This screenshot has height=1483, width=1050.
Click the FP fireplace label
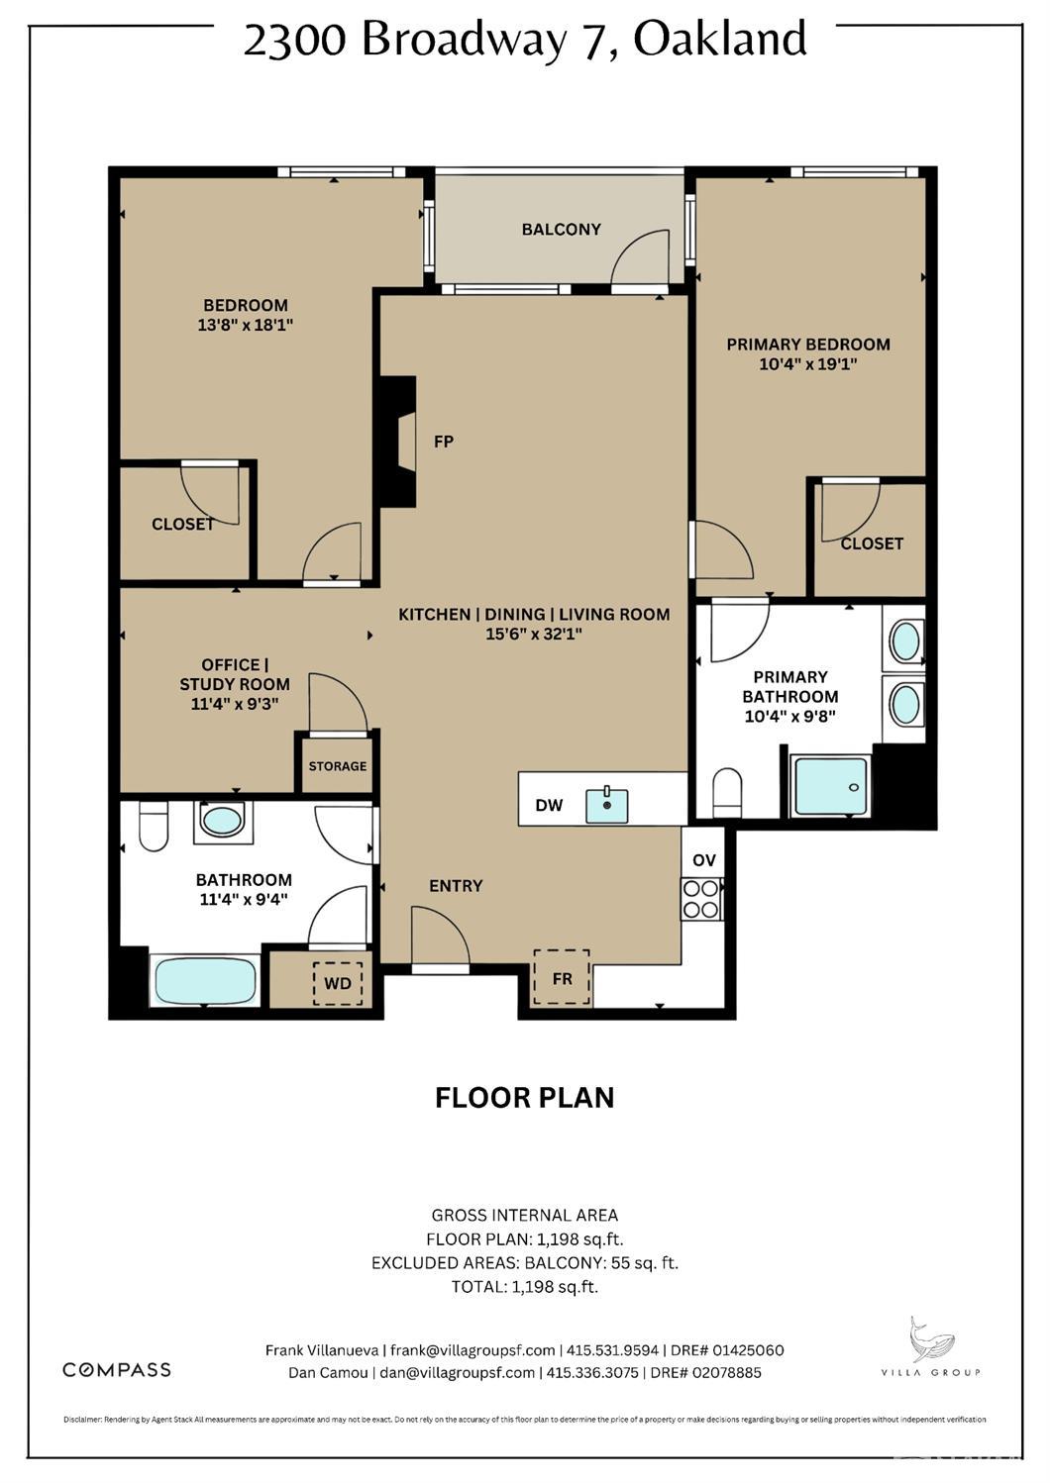click(x=443, y=442)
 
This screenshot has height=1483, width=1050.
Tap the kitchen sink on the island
click(x=606, y=805)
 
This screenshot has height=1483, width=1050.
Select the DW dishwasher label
click(x=549, y=805)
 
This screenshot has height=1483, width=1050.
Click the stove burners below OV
click(x=701, y=899)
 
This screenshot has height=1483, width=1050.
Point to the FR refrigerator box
click(x=562, y=978)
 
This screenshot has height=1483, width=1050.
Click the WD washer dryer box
click(x=338, y=983)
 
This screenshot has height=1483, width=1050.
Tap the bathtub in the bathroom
click(x=205, y=981)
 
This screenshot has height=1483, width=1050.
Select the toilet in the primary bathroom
click(x=727, y=792)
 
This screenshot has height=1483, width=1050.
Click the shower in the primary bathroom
click(x=831, y=786)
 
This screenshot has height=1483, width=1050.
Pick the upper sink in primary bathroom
click(x=905, y=642)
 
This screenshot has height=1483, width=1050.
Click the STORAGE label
click(x=337, y=766)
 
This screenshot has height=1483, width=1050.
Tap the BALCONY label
click(x=561, y=230)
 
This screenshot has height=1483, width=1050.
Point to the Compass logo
click(x=117, y=1369)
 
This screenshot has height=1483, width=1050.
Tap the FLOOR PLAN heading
click(x=524, y=1098)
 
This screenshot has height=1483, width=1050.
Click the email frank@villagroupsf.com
click(x=472, y=1350)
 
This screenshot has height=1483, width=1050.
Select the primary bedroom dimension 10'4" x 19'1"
click(x=807, y=364)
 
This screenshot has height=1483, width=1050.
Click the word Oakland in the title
click(x=720, y=40)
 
